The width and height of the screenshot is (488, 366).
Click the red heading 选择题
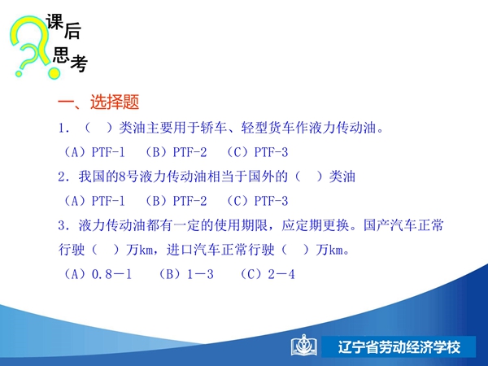click(115, 102)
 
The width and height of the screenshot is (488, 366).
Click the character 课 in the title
click(54, 22)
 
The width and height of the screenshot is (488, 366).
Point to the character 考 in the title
click(79, 63)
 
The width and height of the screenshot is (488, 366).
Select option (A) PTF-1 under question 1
click(94, 152)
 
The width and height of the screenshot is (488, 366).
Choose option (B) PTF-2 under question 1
click(176, 152)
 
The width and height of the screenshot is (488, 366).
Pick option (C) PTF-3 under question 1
click(257, 152)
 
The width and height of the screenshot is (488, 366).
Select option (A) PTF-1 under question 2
click(94, 201)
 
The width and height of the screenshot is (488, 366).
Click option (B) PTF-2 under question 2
click(176, 201)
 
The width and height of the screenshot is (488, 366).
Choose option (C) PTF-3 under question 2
click(257, 201)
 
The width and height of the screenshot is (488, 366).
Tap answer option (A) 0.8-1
click(98, 274)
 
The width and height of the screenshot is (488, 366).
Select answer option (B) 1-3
click(186, 274)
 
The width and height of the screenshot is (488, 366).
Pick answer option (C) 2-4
click(268, 274)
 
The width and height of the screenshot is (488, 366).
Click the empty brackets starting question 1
click(98, 128)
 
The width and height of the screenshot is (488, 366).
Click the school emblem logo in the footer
click(304, 346)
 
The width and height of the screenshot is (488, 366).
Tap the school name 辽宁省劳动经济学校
click(399, 347)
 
